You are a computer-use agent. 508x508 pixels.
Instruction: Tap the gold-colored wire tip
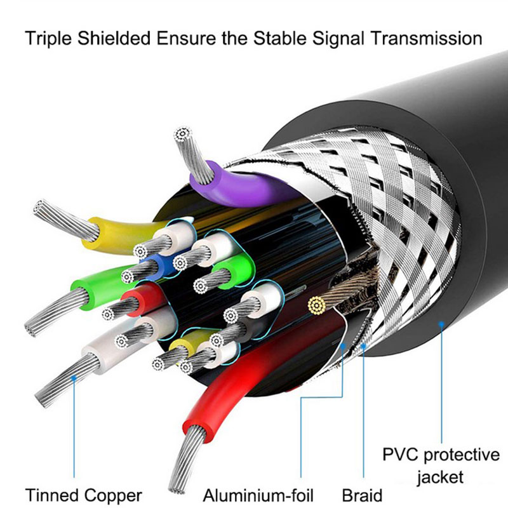pyautogui.click(x=316, y=306)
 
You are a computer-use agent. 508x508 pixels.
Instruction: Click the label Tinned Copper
pyautogui.click(x=83, y=495)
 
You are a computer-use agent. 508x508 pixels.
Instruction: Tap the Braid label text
pyautogui.click(x=362, y=495)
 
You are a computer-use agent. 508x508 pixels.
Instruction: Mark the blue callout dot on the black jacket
pyautogui.click(x=441, y=325)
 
